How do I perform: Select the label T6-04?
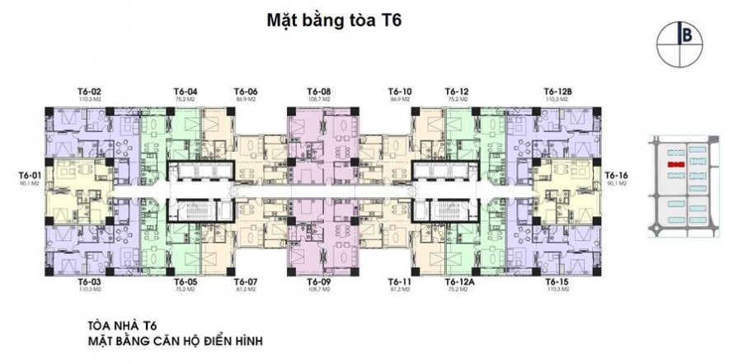click(x=186, y=91)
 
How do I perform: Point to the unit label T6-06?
click(x=247, y=91)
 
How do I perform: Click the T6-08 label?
click(x=319, y=91)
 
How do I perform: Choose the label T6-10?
click(x=400, y=91)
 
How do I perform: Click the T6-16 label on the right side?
click(x=616, y=175)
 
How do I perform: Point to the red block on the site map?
click(x=676, y=165)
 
